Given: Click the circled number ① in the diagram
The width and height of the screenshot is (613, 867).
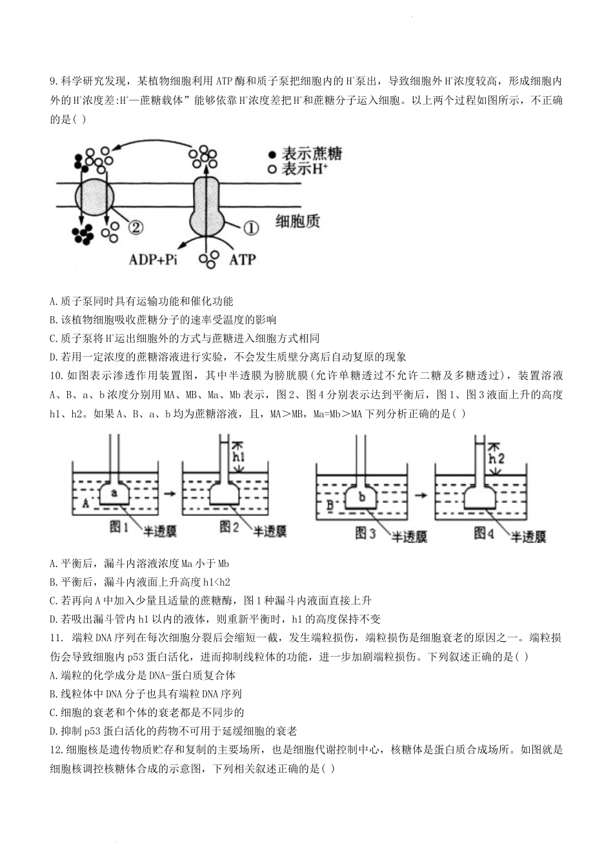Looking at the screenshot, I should [x=250, y=227].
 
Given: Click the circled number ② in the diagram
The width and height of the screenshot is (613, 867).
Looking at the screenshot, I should [x=136, y=226].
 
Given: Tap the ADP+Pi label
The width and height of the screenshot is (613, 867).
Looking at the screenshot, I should [x=153, y=259].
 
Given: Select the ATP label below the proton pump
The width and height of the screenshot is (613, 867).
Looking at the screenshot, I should [x=243, y=259].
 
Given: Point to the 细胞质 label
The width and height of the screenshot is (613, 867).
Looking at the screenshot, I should [x=297, y=222].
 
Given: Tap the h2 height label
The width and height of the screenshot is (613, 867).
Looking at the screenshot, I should [x=496, y=459].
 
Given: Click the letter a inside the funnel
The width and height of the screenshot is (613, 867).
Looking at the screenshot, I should [x=114, y=493].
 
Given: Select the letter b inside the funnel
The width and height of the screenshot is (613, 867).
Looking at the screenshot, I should [x=362, y=497].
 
